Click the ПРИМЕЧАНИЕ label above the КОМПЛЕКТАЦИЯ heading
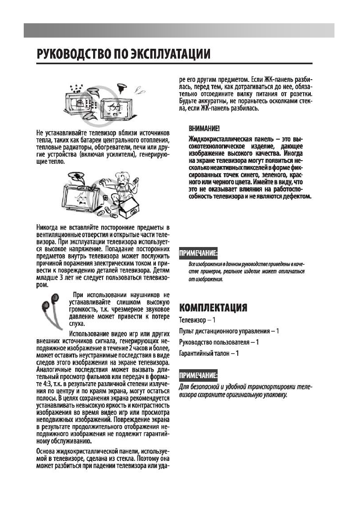click(x=198, y=254)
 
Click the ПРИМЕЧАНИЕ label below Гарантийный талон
click(x=198, y=375)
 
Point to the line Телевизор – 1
click(x=197, y=320)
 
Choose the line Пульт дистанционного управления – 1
click(x=229, y=331)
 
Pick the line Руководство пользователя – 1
click(x=219, y=342)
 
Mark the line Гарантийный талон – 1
click(x=209, y=354)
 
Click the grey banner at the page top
click(x=179, y=30)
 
